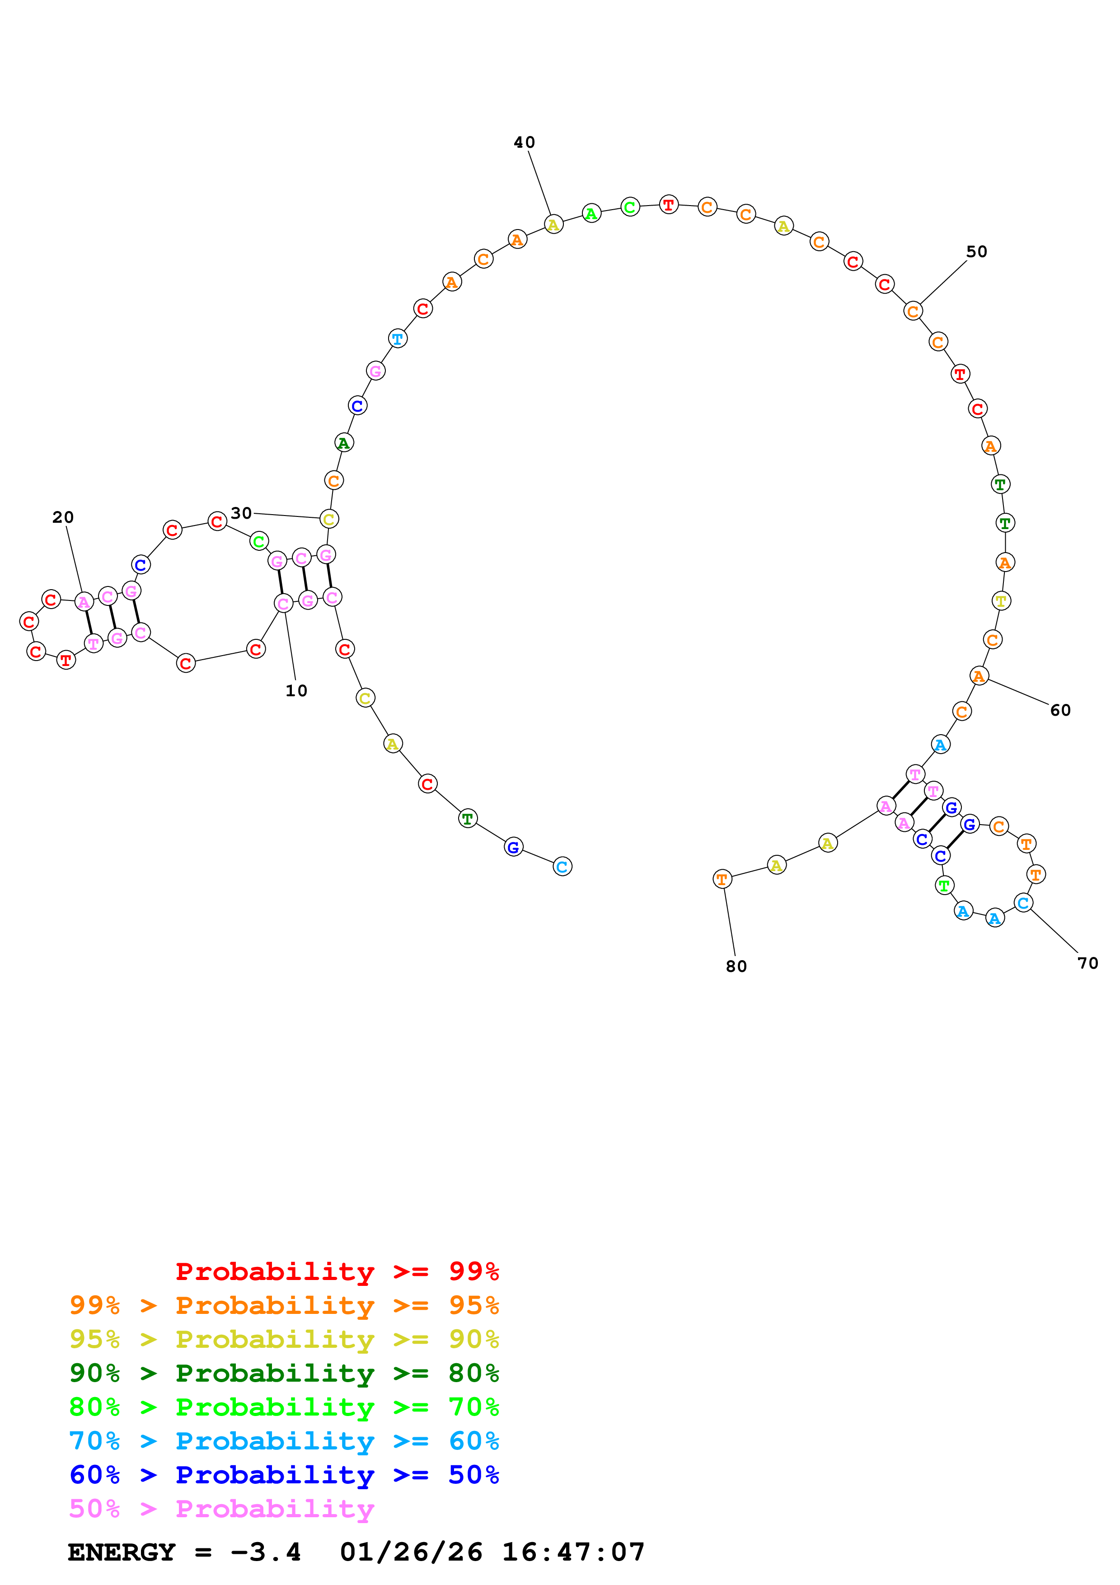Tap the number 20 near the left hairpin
[x=63, y=517]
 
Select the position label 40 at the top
[x=525, y=142]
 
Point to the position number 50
[x=976, y=252]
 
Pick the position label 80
[x=736, y=966]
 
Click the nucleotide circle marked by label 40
[x=553, y=225]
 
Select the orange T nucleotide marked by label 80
[x=722, y=879]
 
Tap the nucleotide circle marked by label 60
[x=979, y=676]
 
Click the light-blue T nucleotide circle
[x=398, y=339]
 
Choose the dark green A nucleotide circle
[x=344, y=442]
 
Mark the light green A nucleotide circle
[x=591, y=214]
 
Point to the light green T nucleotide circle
[x=944, y=885]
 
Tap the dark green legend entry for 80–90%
[x=284, y=1373]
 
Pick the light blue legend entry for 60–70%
[x=284, y=1441]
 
